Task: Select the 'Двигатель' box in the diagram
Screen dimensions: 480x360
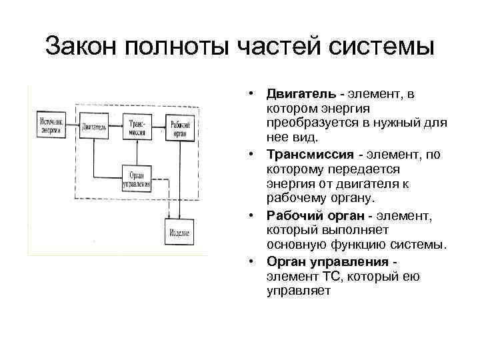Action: click(94, 127)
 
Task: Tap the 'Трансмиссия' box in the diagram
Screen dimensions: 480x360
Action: click(136, 126)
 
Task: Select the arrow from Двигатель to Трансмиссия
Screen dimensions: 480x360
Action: click(116, 126)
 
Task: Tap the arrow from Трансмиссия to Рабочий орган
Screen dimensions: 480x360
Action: click(157, 126)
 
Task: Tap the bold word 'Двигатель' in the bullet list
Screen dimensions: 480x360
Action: click(297, 94)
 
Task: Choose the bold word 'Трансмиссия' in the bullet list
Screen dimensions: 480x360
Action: click(306, 154)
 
